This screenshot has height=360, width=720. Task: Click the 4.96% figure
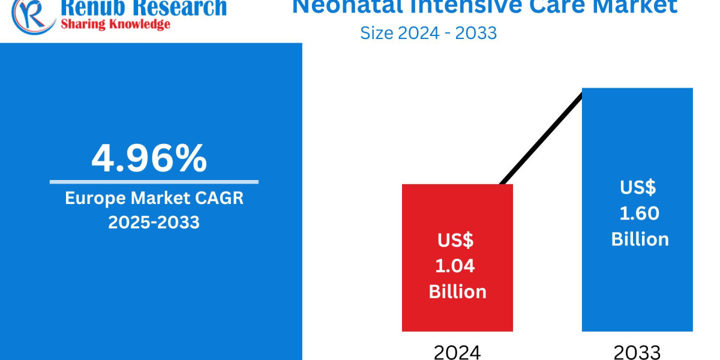pyautogui.click(x=149, y=158)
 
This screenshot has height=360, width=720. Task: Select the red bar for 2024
pyautogui.click(x=457, y=210)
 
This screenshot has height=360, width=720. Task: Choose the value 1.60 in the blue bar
pyautogui.click(x=640, y=214)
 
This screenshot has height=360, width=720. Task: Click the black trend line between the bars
pyautogui.click(x=540, y=138)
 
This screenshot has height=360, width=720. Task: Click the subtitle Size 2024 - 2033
pyautogui.click(x=428, y=32)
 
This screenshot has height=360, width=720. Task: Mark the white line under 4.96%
pyautogui.click(x=154, y=182)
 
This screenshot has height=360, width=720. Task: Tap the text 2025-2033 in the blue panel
pyautogui.click(x=154, y=222)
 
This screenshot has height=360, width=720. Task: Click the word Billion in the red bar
pyautogui.click(x=457, y=292)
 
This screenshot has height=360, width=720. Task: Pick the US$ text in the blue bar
pyautogui.click(x=638, y=188)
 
